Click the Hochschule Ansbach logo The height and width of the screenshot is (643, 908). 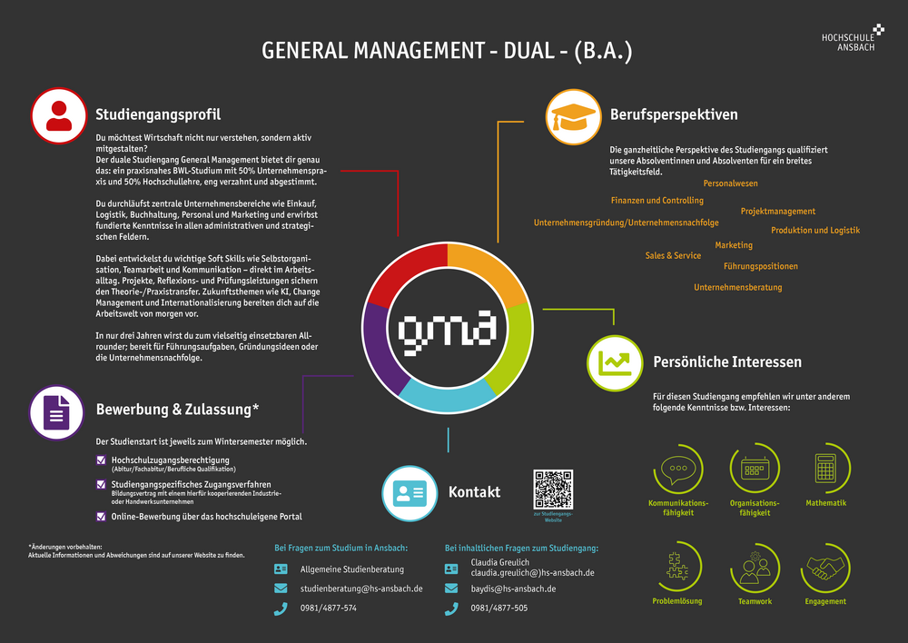(x=850, y=37)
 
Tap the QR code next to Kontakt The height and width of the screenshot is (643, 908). (x=553, y=489)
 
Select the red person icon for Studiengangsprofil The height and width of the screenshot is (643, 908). (x=58, y=114)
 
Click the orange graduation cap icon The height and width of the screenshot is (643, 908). (x=572, y=115)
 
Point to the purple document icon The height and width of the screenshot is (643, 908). (x=56, y=412)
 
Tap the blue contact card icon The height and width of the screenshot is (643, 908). (x=409, y=493)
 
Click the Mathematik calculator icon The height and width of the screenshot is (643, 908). (x=825, y=469)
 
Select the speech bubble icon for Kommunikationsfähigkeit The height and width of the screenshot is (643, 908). (x=677, y=469)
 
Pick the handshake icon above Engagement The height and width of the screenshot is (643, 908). (x=825, y=568)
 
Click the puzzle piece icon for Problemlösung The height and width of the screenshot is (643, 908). (x=677, y=568)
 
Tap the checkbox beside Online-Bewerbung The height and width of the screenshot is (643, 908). (x=101, y=516)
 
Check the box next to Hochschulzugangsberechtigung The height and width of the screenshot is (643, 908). (x=101, y=460)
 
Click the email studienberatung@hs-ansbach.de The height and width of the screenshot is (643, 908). (x=361, y=589)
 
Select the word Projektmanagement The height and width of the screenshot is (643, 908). (x=778, y=212)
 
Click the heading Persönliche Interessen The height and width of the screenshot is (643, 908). (x=727, y=362)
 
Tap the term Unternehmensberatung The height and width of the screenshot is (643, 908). (x=737, y=287)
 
